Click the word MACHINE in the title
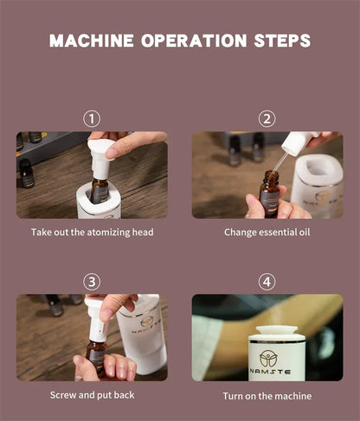coord(92,41)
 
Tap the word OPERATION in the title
coord(194,41)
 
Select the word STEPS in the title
coord(282,41)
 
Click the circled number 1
coord(92,119)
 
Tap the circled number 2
coord(267,119)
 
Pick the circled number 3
coord(92,282)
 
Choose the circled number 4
coord(267,282)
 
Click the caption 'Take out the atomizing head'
coord(93,233)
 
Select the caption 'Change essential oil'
coord(267,233)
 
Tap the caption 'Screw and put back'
coord(92,395)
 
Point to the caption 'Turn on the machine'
coord(267,396)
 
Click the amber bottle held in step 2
coord(269,194)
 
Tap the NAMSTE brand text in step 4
coord(270,372)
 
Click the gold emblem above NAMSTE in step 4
coord(268,358)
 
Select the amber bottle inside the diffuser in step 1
coord(100,190)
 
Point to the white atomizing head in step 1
coord(101,158)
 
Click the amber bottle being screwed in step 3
coord(96,358)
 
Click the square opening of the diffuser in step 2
coord(318,167)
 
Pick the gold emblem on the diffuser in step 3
coord(147,322)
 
